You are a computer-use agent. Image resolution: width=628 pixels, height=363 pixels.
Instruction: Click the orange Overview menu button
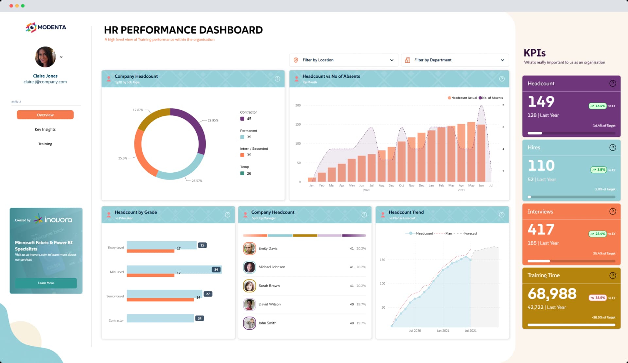[x=45, y=115]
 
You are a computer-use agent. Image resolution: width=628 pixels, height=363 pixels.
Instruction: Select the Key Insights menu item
[x=45, y=130]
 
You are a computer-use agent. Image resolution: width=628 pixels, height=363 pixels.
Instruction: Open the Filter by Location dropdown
[x=343, y=60]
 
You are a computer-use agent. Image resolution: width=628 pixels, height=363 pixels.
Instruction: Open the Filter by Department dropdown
[x=455, y=60]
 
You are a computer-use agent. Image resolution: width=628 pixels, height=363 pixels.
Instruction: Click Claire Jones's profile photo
[x=45, y=57]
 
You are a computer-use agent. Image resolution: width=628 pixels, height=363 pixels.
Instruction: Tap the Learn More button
[x=46, y=283]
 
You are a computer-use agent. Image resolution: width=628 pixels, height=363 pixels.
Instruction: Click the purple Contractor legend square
[x=242, y=119]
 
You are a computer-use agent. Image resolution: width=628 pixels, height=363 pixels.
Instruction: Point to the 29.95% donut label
[x=213, y=120]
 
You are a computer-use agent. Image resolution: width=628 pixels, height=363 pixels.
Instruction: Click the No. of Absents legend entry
[x=491, y=98]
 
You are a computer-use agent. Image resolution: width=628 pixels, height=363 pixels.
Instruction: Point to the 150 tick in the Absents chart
[x=298, y=125]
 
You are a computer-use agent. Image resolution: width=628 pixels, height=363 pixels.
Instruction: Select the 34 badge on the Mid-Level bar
[x=216, y=269]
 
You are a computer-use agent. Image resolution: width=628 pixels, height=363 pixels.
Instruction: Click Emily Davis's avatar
[x=249, y=249]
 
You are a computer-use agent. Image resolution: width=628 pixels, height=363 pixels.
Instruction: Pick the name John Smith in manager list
[x=267, y=323]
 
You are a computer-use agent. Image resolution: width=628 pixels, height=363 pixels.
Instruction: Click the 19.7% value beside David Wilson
[x=361, y=304]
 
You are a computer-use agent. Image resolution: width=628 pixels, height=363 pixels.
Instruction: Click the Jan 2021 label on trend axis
[x=443, y=331]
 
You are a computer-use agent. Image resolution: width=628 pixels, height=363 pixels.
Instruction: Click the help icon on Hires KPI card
[x=613, y=147]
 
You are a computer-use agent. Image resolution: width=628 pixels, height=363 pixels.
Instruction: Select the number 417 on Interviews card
[x=541, y=229]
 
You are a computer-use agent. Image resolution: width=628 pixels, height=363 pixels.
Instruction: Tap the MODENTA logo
[x=46, y=27]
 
